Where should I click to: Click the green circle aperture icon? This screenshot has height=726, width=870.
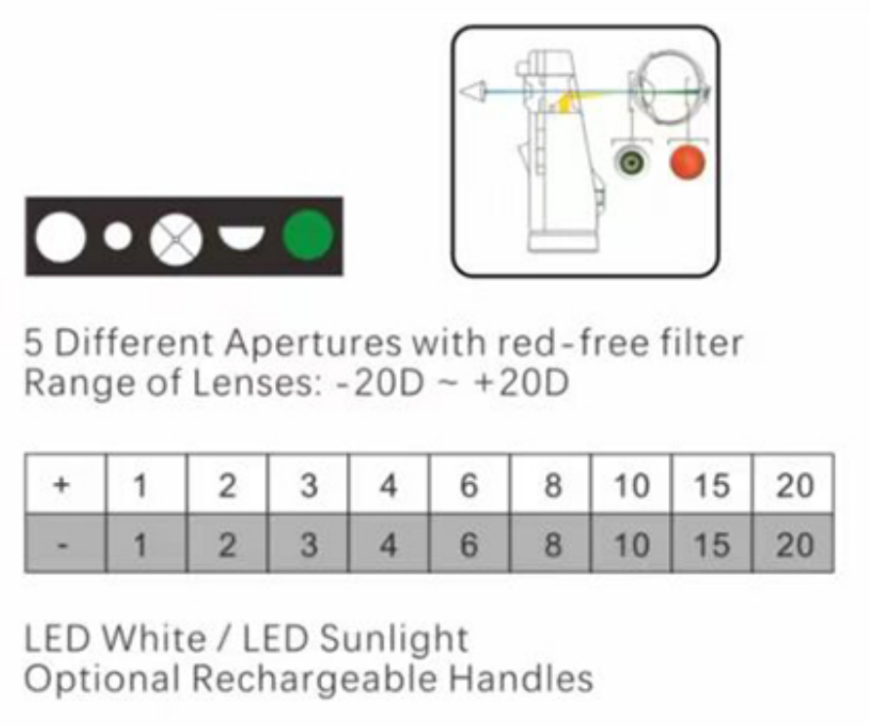pos(307,236)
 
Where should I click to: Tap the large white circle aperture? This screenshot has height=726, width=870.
pos(60,236)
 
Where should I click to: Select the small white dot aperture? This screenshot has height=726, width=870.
pos(118,236)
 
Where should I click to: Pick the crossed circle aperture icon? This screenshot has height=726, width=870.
pos(177,237)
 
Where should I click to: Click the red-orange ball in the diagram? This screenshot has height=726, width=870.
pos(687,162)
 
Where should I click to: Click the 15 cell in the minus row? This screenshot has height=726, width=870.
pos(711,544)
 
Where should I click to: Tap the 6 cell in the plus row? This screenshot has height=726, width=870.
pos(469,485)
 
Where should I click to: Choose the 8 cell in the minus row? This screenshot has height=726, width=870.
pos(551,544)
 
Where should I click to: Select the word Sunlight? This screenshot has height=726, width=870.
pos(394,638)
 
